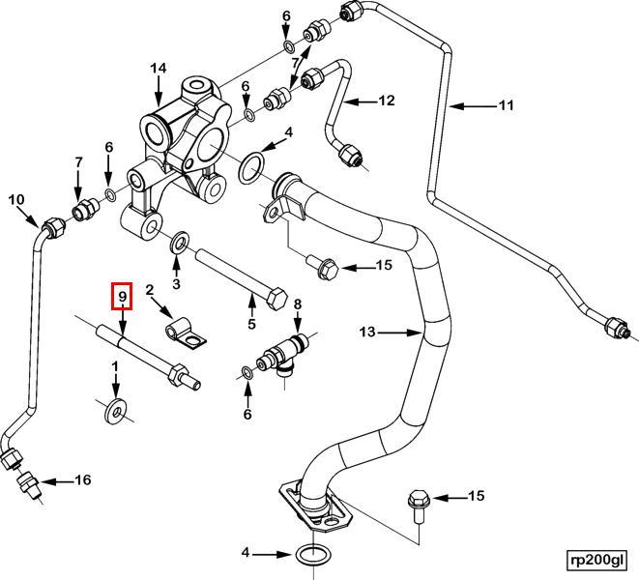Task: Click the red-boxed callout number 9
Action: tap(123, 295)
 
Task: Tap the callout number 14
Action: tap(159, 69)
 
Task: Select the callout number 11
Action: tap(507, 106)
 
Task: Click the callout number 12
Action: tap(387, 100)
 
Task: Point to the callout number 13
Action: tap(367, 333)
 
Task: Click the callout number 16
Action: tap(82, 480)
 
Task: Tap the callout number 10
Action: tap(15, 200)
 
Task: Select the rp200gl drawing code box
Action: tap(597, 559)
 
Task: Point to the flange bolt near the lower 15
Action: tap(416, 504)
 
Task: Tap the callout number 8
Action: tap(298, 304)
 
